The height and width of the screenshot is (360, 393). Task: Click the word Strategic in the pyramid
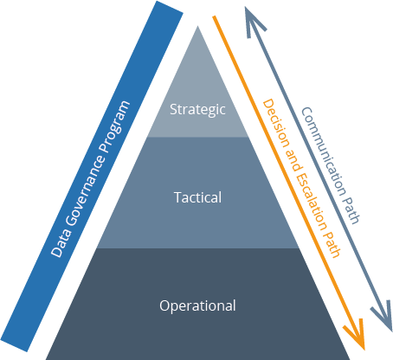pos(197,110)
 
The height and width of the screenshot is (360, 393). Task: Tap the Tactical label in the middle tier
pos(197,197)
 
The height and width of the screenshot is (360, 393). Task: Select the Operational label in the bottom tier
pos(197,305)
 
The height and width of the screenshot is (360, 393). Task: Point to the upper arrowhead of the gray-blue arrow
pos(250,12)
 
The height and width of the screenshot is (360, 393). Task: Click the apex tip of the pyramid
pos(198,25)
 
